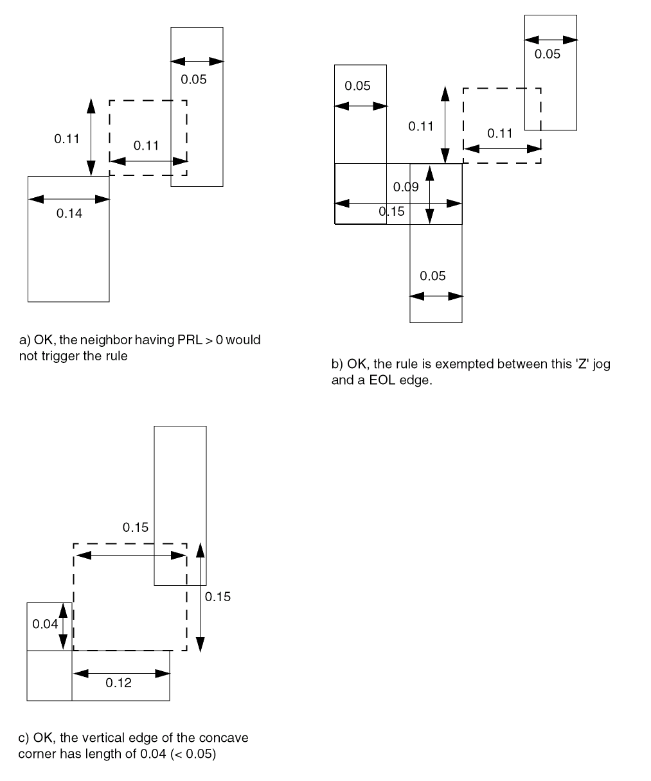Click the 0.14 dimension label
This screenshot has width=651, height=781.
tap(69, 213)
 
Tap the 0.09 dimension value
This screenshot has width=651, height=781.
tap(406, 187)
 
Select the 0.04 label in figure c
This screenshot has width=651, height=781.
tap(45, 624)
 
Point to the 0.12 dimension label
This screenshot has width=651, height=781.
tap(118, 683)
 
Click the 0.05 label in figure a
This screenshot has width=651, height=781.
tap(193, 80)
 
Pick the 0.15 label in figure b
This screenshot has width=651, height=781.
tap(391, 211)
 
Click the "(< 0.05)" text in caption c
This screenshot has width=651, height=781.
tap(193, 754)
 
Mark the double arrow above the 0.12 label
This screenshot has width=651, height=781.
tap(121, 673)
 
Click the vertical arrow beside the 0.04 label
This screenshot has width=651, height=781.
tap(63, 626)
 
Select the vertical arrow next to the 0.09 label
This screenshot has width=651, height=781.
tap(429, 194)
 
